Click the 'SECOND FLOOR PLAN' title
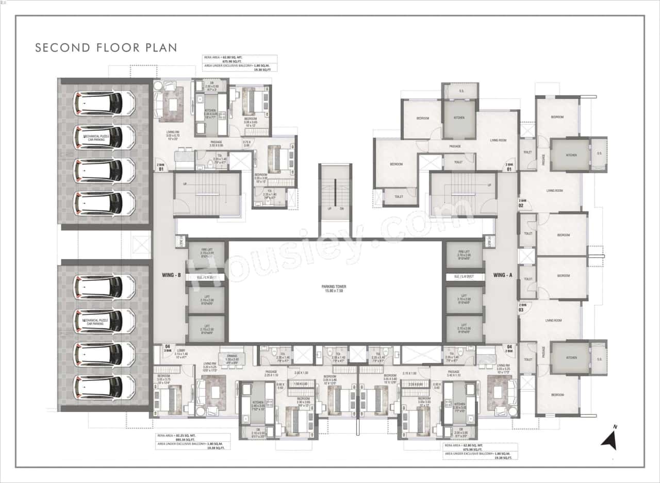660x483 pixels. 106,48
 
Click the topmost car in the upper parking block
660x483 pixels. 105,102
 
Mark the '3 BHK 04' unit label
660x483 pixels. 168,349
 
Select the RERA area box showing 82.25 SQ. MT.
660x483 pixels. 193,441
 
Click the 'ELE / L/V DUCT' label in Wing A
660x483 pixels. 464,277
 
